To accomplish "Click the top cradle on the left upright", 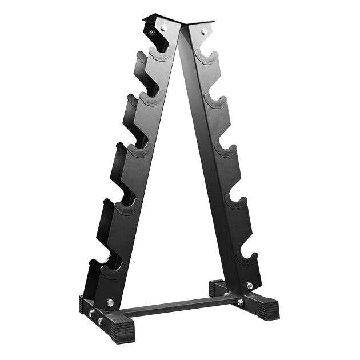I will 162,53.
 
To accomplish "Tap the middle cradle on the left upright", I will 138,150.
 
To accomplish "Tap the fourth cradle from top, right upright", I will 235,201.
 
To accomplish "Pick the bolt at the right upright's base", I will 250,285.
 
